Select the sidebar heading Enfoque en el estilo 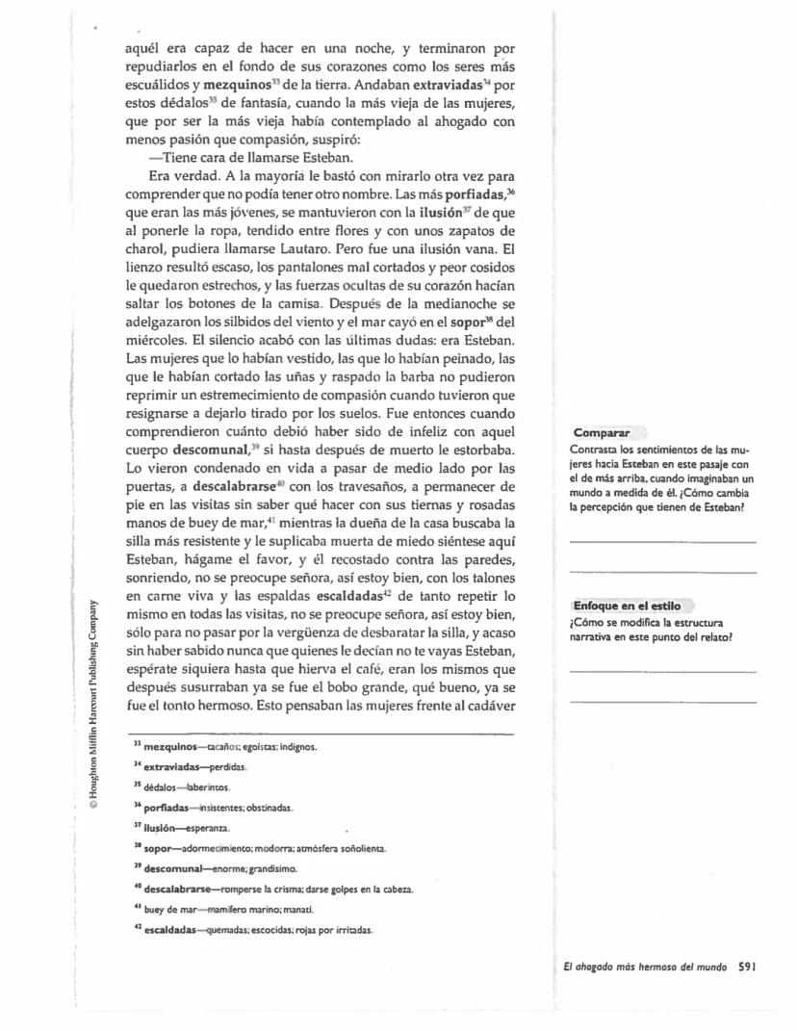tap(627, 606)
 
